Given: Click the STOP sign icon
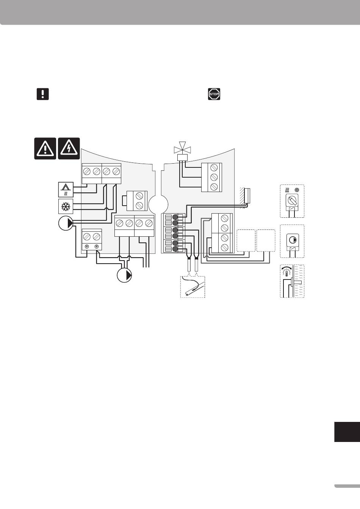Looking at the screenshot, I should [x=214, y=94].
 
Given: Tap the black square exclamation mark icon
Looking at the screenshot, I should [x=43, y=94].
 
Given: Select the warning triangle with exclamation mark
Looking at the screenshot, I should [x=45, y=148].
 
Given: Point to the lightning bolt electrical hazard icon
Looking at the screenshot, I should [x=69, y=148].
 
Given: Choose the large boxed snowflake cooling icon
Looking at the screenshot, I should [x=66, y=207].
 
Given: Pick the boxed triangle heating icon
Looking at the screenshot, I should [x=66, y=189].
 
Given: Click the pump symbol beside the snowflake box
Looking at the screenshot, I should [x=66, y=223].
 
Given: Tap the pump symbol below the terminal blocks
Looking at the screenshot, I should [x=124, y=275].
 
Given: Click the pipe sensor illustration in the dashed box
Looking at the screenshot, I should [x=193, y=287].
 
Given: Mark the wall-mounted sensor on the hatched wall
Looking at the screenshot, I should [x=247, y=195].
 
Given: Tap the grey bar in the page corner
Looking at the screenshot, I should [x=347, y=486].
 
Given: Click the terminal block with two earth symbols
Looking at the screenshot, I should [x=92, y=240].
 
